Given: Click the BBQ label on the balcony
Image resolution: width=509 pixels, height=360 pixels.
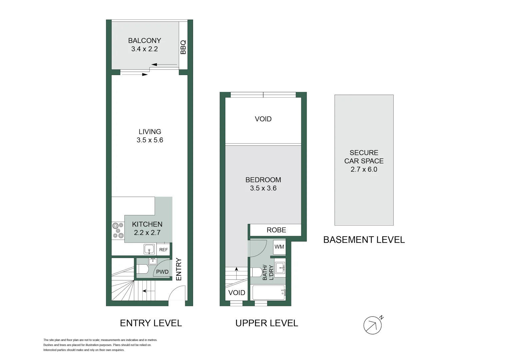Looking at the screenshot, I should tap(183, 47).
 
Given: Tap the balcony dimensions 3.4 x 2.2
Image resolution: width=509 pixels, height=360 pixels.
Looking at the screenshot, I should tap(144, 49).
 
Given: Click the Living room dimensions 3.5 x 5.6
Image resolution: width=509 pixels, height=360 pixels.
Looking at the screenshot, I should tap(150, 140).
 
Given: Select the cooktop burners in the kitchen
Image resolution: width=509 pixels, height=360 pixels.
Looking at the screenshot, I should tap(118, 230).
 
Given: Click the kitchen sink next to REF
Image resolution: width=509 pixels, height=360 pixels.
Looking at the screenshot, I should tap(149, 249).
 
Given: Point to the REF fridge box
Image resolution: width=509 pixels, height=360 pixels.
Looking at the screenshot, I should tap(163, 250).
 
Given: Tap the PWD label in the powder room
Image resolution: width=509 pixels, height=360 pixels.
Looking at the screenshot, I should tap(162, 272).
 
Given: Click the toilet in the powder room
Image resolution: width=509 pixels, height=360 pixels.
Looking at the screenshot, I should tap(143, 269).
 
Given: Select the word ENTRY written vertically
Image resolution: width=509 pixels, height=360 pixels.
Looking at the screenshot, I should tap(179, 269).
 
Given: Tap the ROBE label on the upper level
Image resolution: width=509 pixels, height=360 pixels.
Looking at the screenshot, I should tap(276, 230).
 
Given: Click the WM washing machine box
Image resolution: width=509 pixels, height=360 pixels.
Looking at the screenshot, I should tap(279, 247).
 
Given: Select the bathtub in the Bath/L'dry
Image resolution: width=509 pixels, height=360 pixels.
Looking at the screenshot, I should tap(269, 292).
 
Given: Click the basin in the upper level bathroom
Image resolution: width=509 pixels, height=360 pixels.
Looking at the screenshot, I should tap(280, 267).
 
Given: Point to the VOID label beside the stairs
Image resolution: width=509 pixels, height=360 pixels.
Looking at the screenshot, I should tap(237, 293).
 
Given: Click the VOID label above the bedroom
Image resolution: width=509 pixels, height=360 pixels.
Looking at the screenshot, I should tap(263, 119).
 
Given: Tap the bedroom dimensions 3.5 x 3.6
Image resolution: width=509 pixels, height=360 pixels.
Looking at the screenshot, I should tap(263, 188).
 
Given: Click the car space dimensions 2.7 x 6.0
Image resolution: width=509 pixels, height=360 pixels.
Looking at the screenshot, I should tap(364, 169).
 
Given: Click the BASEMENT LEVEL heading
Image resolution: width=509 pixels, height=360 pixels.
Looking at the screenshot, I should tap(364, 240).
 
